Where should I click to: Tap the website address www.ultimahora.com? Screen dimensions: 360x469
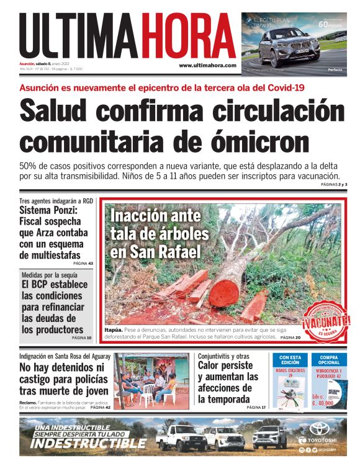tap(207, 65)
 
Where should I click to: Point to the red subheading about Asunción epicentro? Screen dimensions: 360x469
tap(162, 87)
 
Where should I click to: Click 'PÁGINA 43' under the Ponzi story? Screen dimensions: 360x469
tap(83, 264)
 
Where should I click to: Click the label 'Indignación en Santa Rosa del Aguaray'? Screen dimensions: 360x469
tap(65, 356)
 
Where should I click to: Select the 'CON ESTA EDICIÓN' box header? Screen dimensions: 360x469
tap(290, 360)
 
